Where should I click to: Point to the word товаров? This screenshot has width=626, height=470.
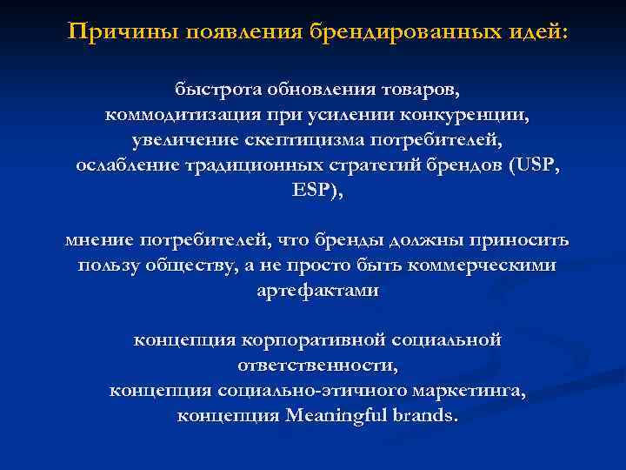tap(419, 91)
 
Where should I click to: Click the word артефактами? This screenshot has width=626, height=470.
tap(318, 291)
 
